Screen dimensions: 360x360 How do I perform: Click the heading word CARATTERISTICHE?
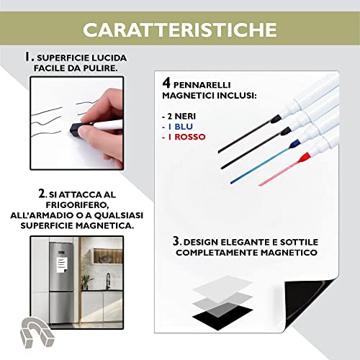click(x=179, y=30)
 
